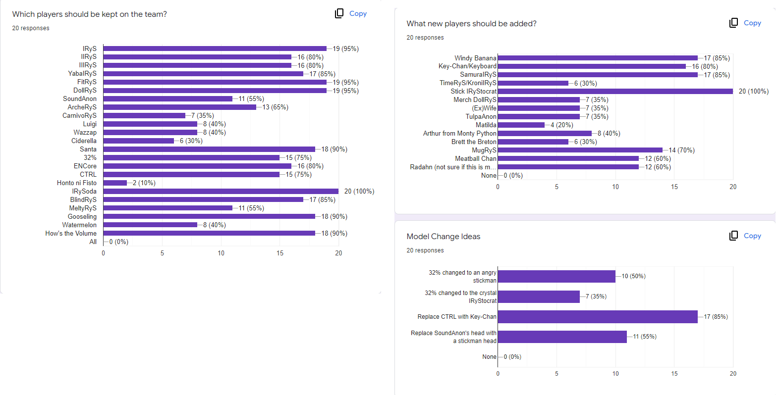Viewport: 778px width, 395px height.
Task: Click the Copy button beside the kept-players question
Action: (x=351, y=14)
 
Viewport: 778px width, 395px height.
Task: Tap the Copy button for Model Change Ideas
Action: (x=745, y=236)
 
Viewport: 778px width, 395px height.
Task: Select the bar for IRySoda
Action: (x=221, y=191)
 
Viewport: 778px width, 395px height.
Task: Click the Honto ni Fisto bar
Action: (x=115, y=183)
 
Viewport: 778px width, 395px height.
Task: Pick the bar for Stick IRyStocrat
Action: (x=615, y=91)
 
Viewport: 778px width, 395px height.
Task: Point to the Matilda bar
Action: (x=521, y=125)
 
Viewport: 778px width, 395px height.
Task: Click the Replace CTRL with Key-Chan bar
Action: (x=597, y=317)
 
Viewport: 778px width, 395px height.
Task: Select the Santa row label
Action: (x=88, y=149)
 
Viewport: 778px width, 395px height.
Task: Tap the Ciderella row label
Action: (x=84, y=141)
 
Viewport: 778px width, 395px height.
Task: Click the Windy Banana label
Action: (x=475, y=58)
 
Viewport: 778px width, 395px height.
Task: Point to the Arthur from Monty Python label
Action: (x=459, y=133)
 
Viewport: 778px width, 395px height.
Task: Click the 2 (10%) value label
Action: (x=144, y=183)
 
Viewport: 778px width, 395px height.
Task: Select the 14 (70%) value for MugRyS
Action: (x=681, y=150)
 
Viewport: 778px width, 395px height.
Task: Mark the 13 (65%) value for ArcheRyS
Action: (x=275, y=107)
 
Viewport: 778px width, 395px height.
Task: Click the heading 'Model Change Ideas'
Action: (x=443, y=237)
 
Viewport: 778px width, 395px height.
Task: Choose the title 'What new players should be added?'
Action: (x=471, y=24)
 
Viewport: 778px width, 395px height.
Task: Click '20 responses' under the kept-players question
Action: (x=31, y=28)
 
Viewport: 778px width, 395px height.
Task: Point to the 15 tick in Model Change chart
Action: (x=674, y=374)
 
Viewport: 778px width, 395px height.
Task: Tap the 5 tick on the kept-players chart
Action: (x=162, y=253)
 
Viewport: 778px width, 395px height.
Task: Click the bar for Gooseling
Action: (x=209, y=216)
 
